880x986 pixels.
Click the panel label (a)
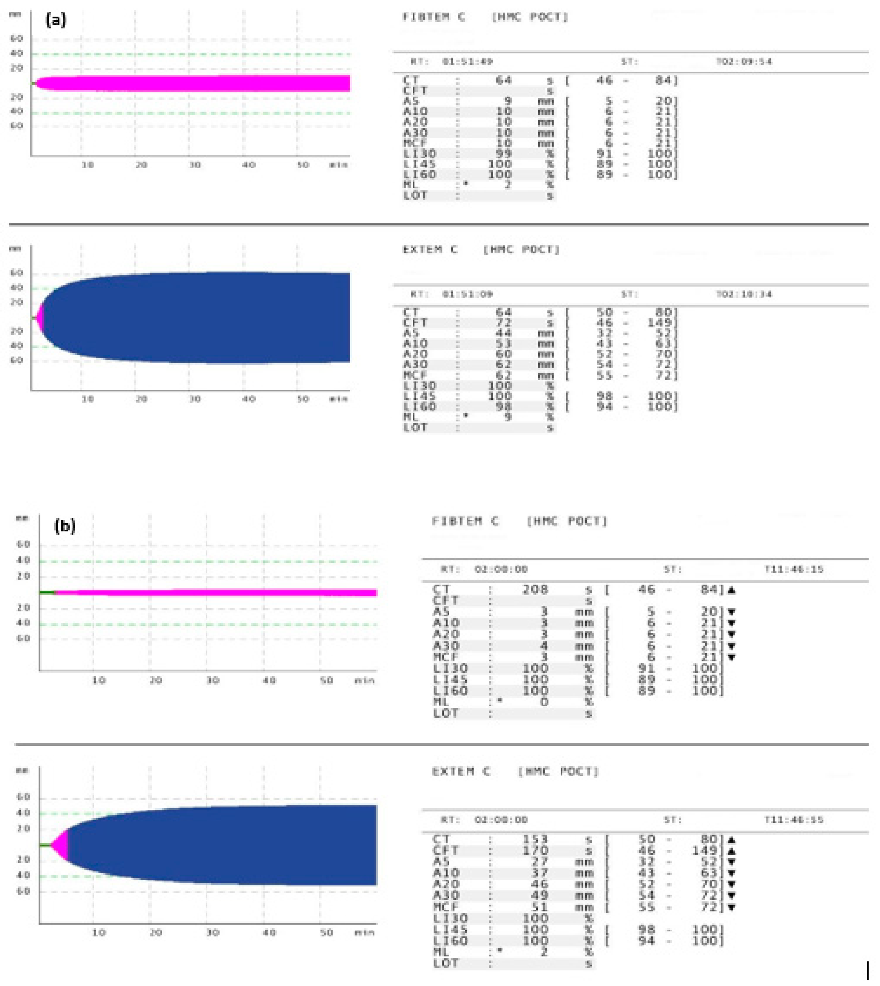56,20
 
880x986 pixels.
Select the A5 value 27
539,862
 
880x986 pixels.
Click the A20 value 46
539,885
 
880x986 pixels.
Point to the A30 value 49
539,896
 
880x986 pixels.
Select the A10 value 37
539,873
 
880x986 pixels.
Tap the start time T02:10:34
744,295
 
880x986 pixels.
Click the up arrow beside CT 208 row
731,590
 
